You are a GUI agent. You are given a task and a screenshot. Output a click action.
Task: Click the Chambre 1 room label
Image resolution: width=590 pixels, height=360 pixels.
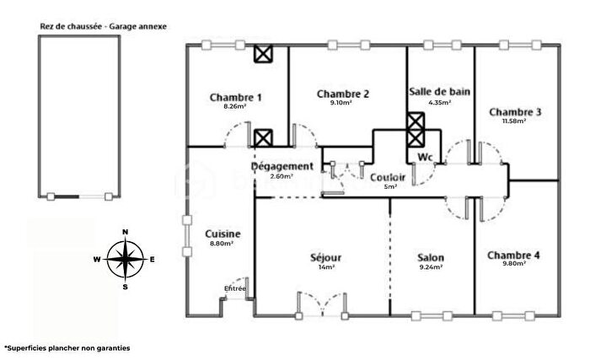[x=236, y=98]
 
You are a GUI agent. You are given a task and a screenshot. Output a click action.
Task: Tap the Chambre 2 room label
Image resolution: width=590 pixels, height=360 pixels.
[x=343, y=94]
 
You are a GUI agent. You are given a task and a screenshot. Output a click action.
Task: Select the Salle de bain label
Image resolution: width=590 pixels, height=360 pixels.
[x=440, y=91]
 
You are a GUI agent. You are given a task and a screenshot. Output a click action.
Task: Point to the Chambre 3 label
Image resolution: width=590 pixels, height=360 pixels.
[x=515, y=111]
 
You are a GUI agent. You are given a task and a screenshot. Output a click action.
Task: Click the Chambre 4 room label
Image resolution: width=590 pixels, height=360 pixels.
[x=513, y=255]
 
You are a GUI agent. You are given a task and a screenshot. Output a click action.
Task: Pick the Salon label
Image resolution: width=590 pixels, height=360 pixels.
[x=431, y=257]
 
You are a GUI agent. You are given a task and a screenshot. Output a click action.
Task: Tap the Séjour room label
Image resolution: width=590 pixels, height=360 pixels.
[x=325, y=256]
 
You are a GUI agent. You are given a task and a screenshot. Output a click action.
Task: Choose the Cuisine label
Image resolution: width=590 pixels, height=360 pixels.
[x=223, y=234]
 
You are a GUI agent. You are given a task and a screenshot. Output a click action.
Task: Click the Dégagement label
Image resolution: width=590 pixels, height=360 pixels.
[x=282, y=166]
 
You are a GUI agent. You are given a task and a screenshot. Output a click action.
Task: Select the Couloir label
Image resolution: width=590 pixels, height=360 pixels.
[x=388, y=177]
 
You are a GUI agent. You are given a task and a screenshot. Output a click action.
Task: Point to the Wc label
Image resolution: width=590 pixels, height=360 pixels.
[x=425, y=158]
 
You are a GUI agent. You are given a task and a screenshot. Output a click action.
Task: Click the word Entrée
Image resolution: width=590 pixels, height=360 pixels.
[x=235, y=288]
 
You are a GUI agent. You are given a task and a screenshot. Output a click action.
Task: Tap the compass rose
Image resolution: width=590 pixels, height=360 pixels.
[x=125, y=259]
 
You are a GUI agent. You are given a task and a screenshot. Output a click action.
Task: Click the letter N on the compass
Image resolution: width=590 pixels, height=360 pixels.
[x=125, y=231]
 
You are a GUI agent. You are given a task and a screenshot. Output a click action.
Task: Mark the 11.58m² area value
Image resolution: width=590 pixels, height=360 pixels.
[x=514, y=121]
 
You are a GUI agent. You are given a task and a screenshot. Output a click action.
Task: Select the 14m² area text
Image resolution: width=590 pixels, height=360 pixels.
[x=325, y=267]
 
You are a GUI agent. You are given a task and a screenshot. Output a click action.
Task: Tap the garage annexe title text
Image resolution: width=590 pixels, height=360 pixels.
[x=104, y=26]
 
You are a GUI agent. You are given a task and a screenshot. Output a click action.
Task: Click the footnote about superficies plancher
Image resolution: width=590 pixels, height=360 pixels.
[x=68, y=347]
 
